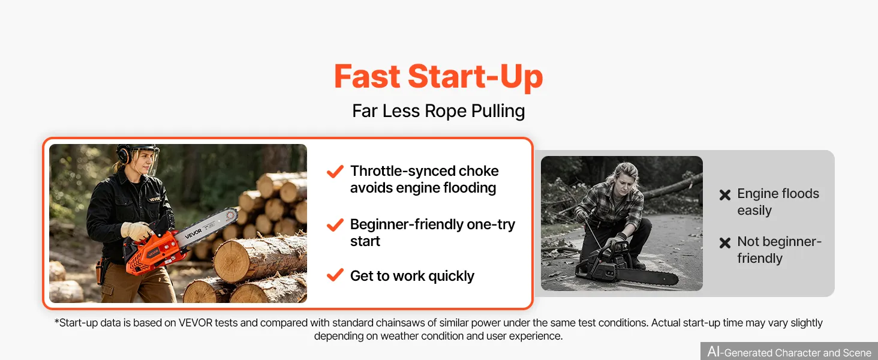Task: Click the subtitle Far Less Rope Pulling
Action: coord(438,111)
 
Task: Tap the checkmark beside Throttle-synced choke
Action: coord(335,172)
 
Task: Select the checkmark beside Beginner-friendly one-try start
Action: coord(335,225)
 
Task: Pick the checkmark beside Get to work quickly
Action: coord(335,275)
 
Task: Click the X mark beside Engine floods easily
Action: coord(725,195)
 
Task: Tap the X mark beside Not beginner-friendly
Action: coord(725,243)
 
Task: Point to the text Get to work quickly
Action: coord(412,276)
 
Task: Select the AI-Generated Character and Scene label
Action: coord(789,352)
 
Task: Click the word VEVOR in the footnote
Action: coord(196,323)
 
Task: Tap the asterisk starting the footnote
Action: coord(56,322)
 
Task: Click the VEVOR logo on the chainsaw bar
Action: coord(193,234)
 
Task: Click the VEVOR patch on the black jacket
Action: coord(154,199)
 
